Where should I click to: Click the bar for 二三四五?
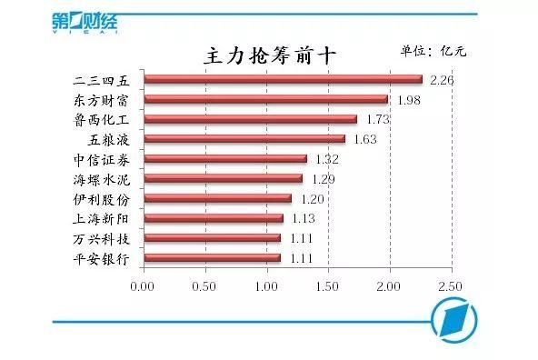[x=282, y=80]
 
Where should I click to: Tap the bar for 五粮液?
[x=244, y=139]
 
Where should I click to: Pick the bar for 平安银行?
[x=212, y=258]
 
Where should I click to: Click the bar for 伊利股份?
[x=217, y=198]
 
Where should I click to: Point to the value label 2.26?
[x=442, y=80]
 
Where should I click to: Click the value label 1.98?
[x=407, y=100]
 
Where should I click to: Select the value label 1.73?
[x=376, y=119]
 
